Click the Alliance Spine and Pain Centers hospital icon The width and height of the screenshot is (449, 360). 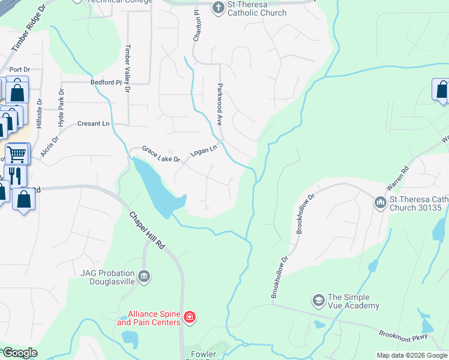pos(190,316)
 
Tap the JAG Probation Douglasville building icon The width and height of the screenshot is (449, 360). pos(143,277)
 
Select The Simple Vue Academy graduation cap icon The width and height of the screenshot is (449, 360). pos(318,299)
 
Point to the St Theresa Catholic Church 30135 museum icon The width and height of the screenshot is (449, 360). pos(380,203)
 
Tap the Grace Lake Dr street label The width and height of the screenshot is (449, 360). pos(161,154)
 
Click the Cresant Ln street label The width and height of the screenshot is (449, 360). pos(94,124)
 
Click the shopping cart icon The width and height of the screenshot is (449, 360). pos(16,154)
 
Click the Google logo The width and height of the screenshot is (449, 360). pos(19,353)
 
